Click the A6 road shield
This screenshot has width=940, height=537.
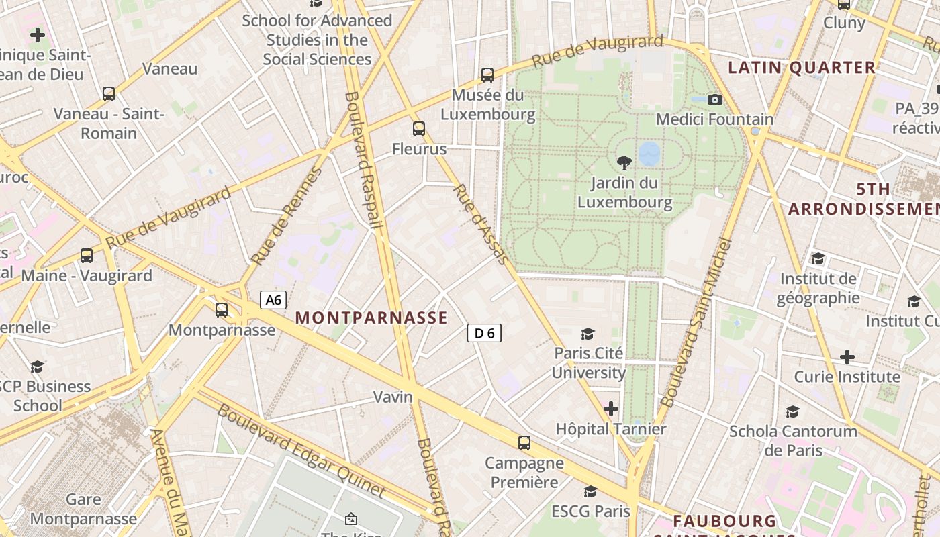[x=273, y=299]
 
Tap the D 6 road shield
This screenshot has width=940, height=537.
[x=484, y=332]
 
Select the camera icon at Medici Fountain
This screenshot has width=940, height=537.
[x=715, y=100]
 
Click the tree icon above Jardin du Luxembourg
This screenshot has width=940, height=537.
[x=624, y=162]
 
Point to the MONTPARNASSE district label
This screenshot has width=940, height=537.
[x=371, y=318]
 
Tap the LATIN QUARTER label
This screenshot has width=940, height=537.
[x=802, y=67]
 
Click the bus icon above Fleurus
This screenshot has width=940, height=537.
[x=419, y=128]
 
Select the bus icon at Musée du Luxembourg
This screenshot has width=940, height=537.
[x=487, y=75]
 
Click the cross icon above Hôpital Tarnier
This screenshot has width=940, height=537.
[x=610, y=408]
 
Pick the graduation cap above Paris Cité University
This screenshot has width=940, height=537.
[x=588, y=334]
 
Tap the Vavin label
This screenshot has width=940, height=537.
[x=393, y=397]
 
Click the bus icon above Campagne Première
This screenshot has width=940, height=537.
[x=524, y=443]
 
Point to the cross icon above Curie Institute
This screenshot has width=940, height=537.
[x=847, y=356]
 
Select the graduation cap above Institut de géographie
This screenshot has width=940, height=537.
[x=818, y=259]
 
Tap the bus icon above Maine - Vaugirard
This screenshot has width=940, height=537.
[x=87, y=256]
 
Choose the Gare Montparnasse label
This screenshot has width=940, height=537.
[x=83, y=509]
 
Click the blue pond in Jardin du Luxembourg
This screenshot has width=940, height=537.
[x=649, y=154]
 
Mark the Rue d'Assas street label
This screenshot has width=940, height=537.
[x=481, y=224]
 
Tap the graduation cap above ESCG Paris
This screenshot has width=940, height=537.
[x=590, y=492]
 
